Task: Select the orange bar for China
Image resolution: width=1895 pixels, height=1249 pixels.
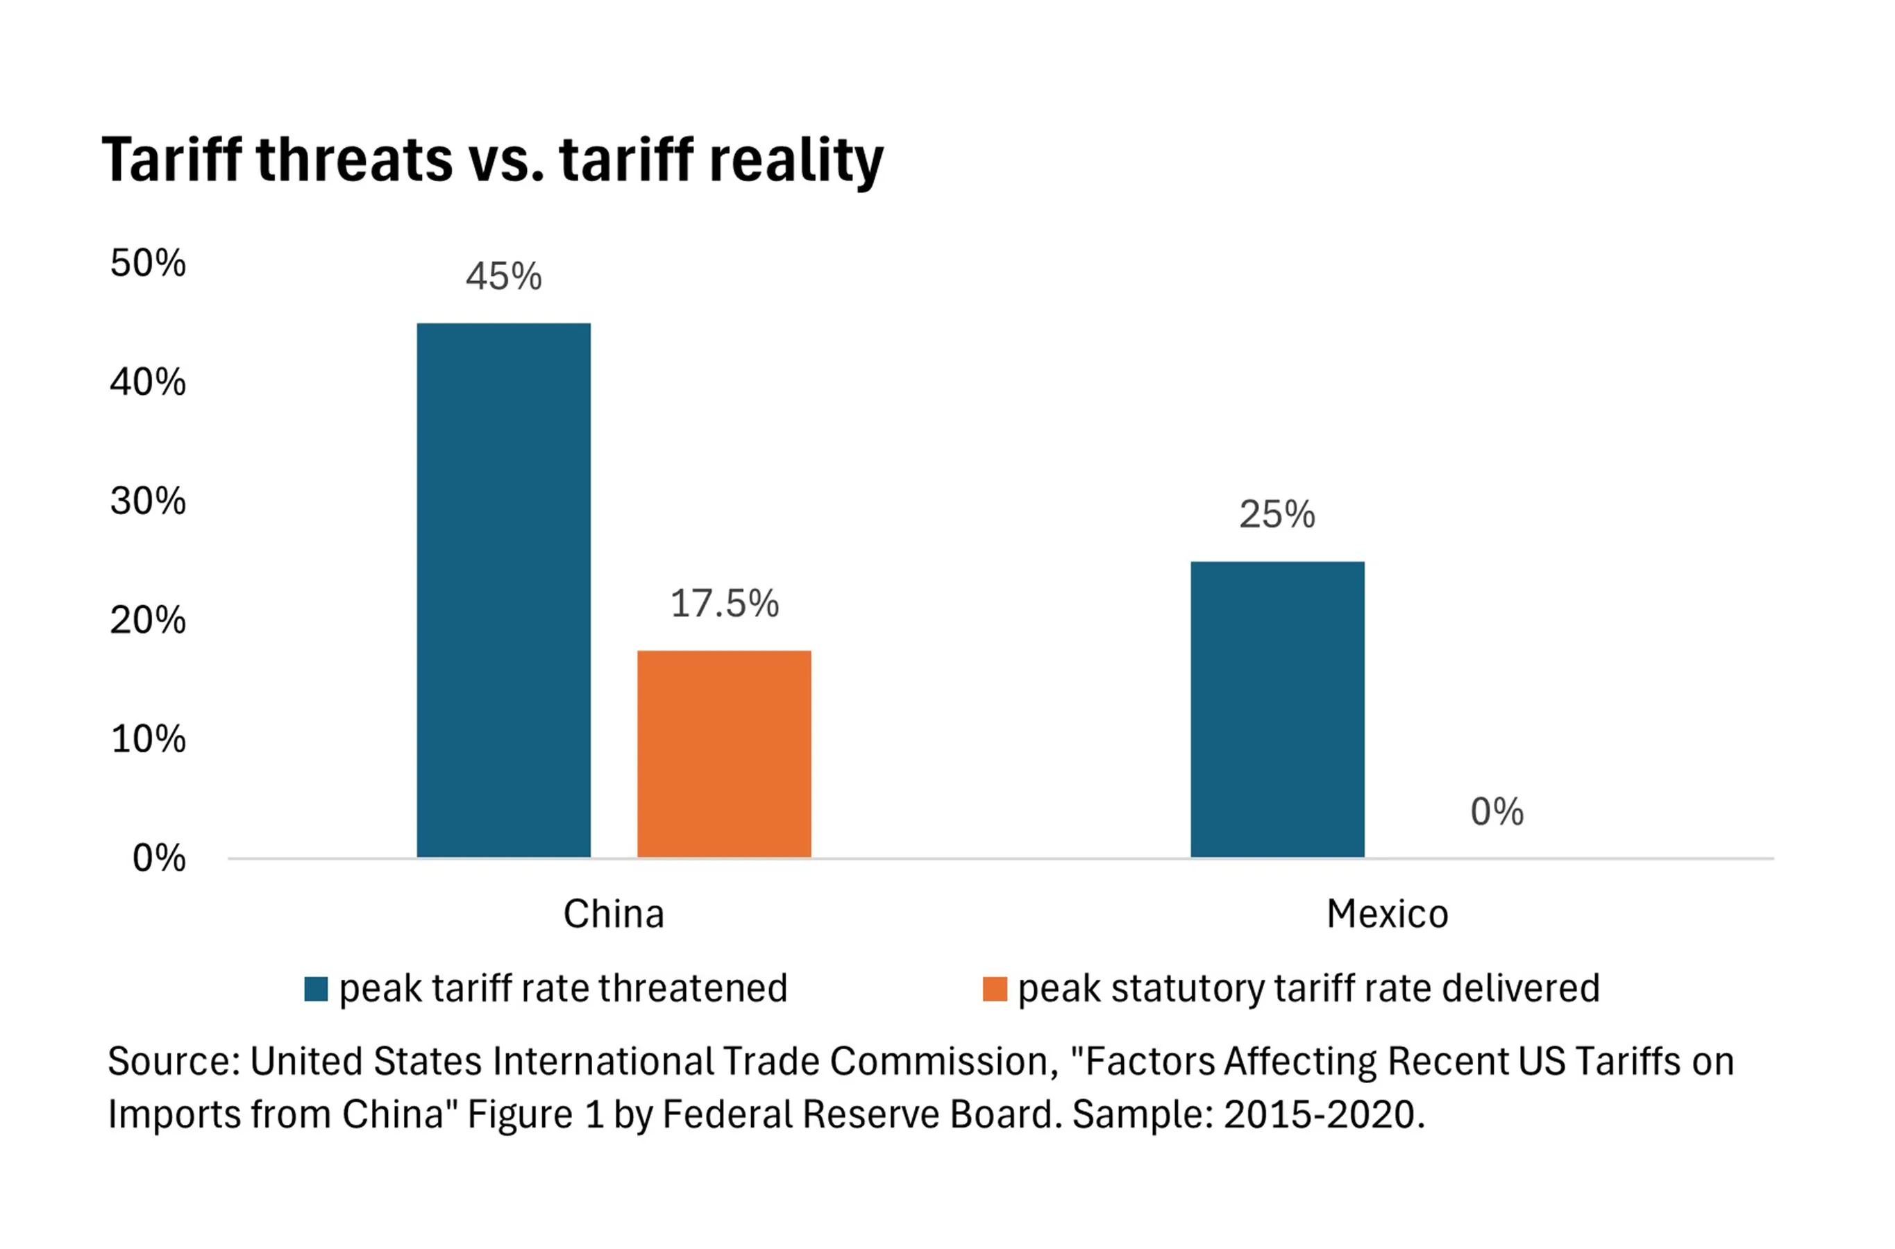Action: tap(723, 754)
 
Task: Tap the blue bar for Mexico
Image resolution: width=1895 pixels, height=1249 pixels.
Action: tap(1277, 709)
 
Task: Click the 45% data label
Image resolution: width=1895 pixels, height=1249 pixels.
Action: tap(504, 276)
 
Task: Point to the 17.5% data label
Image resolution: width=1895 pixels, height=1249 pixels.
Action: tap(723, 603)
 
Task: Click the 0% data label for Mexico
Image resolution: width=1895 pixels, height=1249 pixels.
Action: tap(1497, 812)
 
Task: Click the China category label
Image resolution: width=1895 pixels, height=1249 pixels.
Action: tap(614, 914)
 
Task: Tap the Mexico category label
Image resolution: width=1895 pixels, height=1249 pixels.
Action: tap(1387, 914)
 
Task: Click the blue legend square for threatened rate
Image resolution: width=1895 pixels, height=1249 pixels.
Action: tap(317, 989)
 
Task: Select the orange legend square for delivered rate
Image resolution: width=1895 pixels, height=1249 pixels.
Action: tap(995, 989)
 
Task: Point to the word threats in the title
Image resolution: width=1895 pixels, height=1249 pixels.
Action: tap(355, 160)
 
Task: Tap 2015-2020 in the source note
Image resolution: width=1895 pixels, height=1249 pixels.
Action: tap(1319, 1114)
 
